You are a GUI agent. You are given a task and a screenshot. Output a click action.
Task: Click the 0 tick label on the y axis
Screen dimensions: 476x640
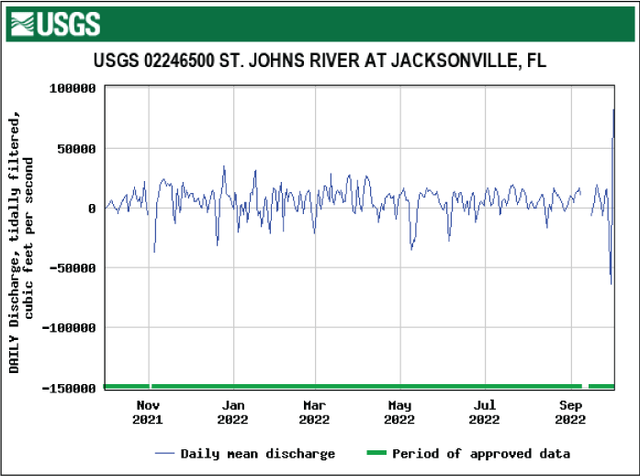point(92,208)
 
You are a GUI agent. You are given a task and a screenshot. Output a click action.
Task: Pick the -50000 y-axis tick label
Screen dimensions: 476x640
point(72,267)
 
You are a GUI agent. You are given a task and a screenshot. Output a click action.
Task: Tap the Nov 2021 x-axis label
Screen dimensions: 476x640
point(148,413)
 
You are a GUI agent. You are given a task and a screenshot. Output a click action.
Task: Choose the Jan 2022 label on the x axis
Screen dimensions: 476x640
point(233,413)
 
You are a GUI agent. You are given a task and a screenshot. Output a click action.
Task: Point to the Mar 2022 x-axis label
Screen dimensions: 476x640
point(314,413)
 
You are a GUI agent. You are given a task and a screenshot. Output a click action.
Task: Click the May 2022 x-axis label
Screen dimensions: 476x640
point(399,413)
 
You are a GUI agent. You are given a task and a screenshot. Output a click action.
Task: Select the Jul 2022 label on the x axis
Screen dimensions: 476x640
point(485,413)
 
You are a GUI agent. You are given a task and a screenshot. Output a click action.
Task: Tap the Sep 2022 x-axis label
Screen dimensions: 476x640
point(570,413)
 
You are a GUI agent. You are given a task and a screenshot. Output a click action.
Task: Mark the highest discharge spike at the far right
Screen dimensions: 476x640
point(613,110)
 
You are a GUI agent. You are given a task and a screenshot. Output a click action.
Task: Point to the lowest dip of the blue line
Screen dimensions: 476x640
point(612,283)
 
